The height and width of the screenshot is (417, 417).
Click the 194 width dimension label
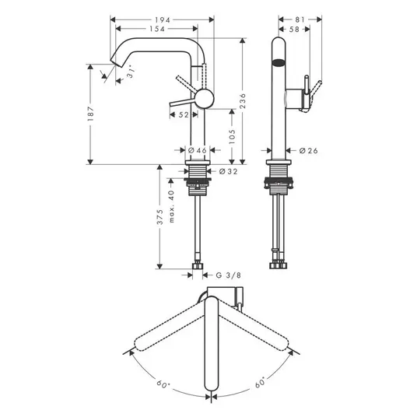[163, 20]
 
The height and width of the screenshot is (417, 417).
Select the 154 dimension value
[157, 29]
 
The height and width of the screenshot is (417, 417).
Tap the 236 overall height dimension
[243, 101]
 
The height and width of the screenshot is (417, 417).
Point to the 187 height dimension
[90, 114]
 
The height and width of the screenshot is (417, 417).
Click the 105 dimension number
[232, 137]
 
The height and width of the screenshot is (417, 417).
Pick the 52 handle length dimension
[184, 115]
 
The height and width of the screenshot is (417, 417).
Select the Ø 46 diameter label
[198, 150]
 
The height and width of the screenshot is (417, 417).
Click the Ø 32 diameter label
[229, 171]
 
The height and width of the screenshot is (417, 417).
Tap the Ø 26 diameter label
[309, 151]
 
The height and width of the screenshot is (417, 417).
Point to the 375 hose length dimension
[159, 217]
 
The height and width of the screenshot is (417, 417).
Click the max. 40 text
[171, 206]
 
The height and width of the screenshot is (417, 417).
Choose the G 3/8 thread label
[229, 275]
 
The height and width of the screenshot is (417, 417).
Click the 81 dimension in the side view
[300, 19]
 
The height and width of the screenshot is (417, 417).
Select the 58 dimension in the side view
[294, 30]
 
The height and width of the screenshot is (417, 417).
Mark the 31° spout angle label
[131, 72]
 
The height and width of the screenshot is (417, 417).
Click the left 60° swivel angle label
[163, 384]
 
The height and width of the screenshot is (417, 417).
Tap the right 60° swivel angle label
[261, 382]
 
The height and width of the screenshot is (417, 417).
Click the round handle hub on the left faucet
[205, 99]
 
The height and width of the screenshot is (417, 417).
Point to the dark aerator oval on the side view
[279, 63]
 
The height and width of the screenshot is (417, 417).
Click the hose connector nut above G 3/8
[198, 266]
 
